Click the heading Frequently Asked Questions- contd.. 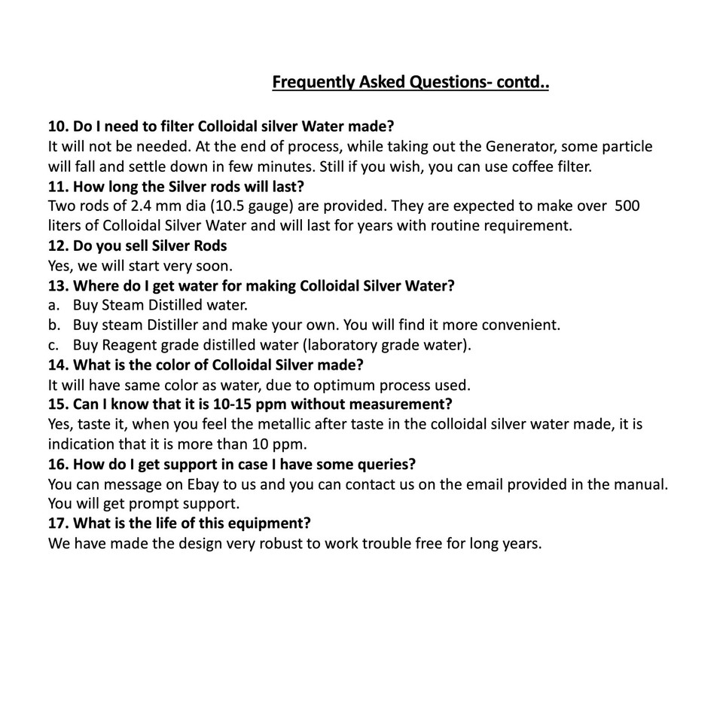pyautogui.click(x=410, y=81)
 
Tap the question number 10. pyautogui.click(x=58, y=125)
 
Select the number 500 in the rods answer pyautogui.click(x=627, y=206)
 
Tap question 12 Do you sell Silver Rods pyautogui.click(x=137, y=246)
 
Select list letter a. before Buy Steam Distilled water pyautogui.click(x=53, y=305)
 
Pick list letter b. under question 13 pyautogui.click(x=54, y=325)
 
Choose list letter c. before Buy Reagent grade pyautogui.click(x=53, y=346)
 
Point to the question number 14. pyautogui.click(x=58, y=365)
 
